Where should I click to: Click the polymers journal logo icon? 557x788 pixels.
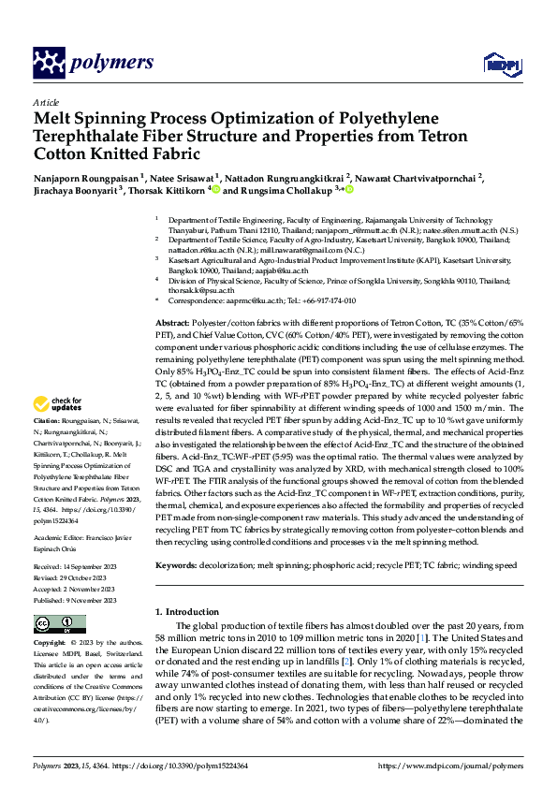pyautogui.click(x=50, y=64)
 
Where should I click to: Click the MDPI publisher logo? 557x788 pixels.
pyautogui.click(x=496, y=64)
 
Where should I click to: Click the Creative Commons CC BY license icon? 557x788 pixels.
pyautogui.click(x=58, y=623)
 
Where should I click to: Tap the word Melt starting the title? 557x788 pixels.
pyautogui.click(x=53, y=119)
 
